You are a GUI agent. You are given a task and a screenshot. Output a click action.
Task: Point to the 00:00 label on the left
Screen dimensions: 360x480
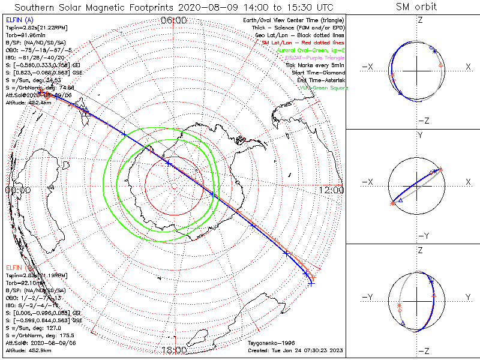(17, 190)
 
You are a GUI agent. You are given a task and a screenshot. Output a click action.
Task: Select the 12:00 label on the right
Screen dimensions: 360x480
(332, 190)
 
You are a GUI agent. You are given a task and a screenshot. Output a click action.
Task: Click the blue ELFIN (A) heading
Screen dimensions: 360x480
(19, 20)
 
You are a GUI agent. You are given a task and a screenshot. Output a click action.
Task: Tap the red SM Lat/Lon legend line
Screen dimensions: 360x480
(302, 43)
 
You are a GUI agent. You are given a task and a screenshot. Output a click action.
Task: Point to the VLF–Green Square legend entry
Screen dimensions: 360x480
(322, 88)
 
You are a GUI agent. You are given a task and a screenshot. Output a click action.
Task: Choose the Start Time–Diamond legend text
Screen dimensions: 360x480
(318, 72)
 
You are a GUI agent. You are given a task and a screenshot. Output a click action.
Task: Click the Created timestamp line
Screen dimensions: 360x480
(295, 349)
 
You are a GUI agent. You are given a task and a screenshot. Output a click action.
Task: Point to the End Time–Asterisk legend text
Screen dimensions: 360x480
(320, 80)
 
